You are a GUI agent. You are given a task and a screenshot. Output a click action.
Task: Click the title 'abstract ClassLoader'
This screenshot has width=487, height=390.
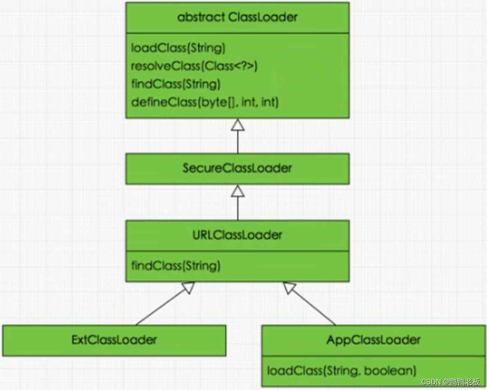tap(237, 18)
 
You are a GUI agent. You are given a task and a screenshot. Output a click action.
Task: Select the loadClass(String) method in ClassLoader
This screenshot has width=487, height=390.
tap(178, 48)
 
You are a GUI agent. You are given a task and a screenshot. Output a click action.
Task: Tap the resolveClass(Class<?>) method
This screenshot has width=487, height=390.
tap(194, 66)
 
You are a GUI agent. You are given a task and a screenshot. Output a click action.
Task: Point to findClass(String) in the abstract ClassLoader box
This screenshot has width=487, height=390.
tap(175, 84)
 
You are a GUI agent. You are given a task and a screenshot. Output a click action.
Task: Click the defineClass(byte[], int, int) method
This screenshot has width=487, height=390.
tap(204, 102)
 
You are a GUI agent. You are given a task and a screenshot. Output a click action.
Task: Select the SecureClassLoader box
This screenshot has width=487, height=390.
tap(237, 168)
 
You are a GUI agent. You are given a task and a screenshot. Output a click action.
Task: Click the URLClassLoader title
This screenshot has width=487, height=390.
tap(237, 235)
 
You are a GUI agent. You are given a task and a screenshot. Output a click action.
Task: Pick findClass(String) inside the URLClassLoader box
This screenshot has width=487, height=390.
tap(175, 266)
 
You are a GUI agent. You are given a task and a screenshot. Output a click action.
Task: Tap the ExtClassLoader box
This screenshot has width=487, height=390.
tap(114, 340)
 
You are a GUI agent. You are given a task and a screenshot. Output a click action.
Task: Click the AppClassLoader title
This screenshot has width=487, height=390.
tap(373, 340)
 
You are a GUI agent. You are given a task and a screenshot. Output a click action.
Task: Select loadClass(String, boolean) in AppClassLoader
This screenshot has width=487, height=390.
tap(341, 370)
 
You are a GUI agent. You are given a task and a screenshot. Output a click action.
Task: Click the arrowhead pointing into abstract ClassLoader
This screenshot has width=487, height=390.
tap(237, 124)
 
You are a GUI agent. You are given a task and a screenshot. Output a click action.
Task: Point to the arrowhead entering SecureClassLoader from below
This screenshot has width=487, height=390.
tap(237, 191)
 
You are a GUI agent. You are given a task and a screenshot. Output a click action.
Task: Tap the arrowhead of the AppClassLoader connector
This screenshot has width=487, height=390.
tap(290, 287)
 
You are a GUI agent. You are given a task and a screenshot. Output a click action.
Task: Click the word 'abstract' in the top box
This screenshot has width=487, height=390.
tap(201, 18)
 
